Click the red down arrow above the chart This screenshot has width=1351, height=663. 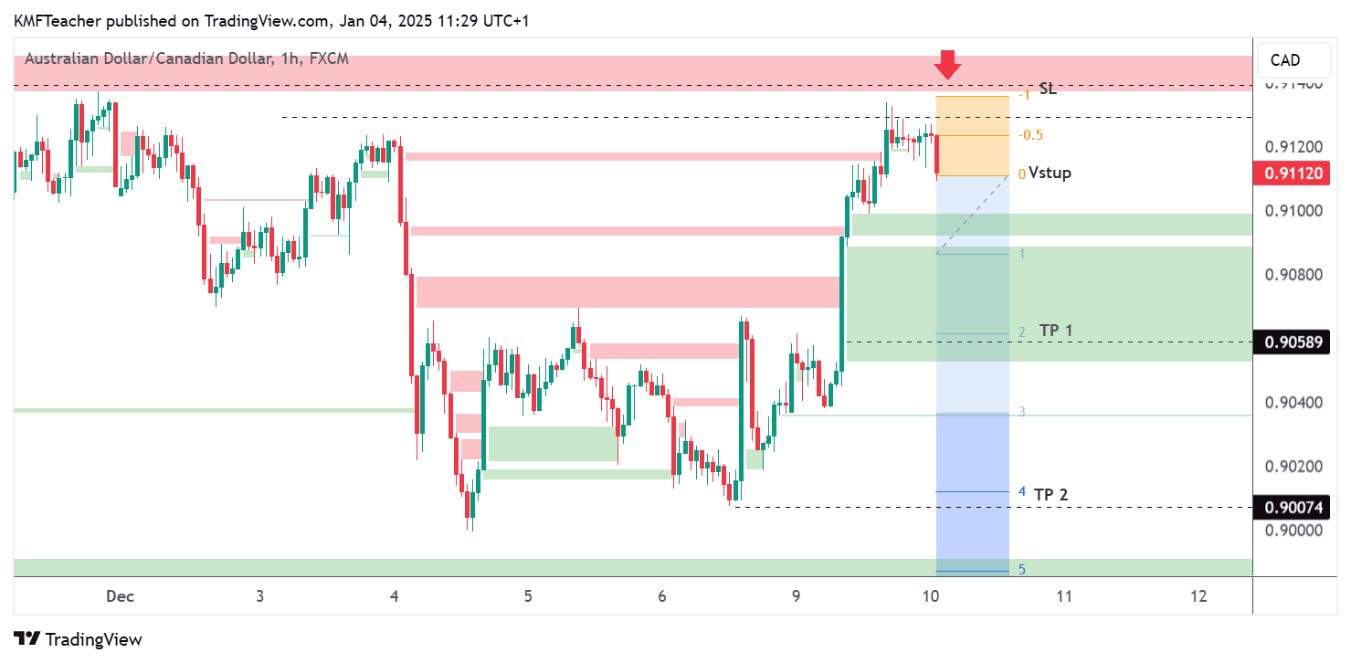click(948, 65)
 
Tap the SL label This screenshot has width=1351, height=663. click(1048, 89)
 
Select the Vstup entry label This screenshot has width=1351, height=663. click(1050, 173)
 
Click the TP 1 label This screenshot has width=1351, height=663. click(1056, 331)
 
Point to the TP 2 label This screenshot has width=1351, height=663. click(1051, 494)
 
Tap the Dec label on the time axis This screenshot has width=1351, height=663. click(120, 596)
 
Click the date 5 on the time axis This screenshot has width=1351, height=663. click(528, 596)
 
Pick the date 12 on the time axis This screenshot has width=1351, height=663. click(1198, 596)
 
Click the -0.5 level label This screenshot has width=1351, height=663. click(1031, 135)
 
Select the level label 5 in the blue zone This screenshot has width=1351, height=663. click(1022, 570)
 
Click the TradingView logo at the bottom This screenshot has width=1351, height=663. click(79, 639)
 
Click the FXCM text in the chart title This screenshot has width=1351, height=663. click(329, 59)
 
